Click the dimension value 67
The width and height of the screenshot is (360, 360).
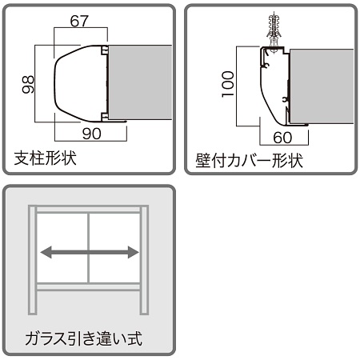tap(79, 22)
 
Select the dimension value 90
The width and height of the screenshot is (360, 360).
tap(91, 134)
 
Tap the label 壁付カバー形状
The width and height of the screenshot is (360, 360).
tap(249, 159)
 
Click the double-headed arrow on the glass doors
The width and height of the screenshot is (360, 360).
tap(89, 253)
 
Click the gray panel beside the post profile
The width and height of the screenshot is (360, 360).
tap(140, 82)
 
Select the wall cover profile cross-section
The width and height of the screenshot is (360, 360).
tap(272, 84)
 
